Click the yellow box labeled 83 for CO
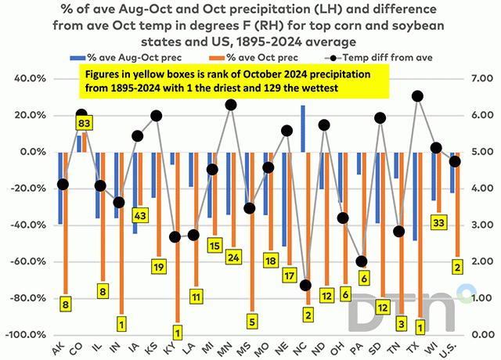click(x=85, y=123)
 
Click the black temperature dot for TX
click(x=417, y=96)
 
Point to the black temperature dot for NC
click(x=305, y=286)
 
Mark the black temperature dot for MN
click(x=231, y=105)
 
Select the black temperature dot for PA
click(x=361, y=261)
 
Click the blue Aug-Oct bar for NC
click(x=302, y=140)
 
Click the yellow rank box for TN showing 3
click(x=402, y=322)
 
